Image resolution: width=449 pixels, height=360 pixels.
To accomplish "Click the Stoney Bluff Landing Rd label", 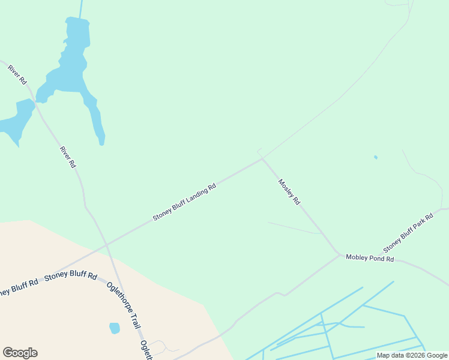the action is (184, 202).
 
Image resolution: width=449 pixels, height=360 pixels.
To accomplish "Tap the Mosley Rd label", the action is (289, 192).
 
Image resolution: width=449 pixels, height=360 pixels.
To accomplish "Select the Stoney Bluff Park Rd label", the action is (408, 233).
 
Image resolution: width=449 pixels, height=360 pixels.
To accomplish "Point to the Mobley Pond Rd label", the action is (370, 258).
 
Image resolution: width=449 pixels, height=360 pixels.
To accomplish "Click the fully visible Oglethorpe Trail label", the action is (124, 305).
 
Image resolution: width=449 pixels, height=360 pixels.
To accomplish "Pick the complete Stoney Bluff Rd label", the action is (71, 276).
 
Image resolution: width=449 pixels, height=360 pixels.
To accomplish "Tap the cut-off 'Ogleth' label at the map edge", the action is (145, 350).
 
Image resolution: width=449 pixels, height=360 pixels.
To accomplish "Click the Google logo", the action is (20, 353).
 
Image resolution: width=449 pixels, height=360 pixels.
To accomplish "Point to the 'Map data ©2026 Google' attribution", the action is (412, 355).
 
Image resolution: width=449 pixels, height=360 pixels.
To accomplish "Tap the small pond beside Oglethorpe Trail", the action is (114, 328).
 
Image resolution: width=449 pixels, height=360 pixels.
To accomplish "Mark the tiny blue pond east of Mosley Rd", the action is (376, 157).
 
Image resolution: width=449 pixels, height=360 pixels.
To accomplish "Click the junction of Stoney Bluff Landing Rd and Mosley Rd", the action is (262, 159).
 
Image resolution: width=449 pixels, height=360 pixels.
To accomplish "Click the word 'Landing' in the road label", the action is (193, 197).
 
